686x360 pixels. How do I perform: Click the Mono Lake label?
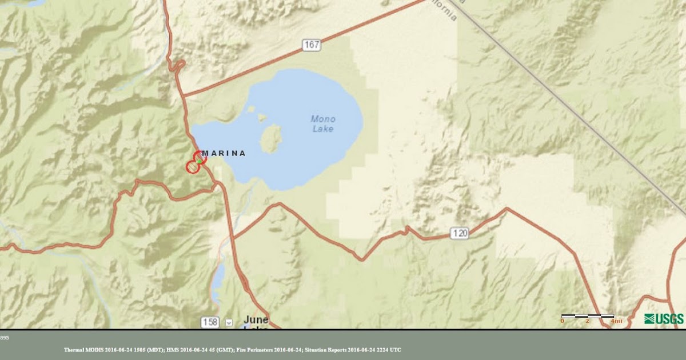click(x=323, y=124)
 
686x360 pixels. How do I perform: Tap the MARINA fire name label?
click(x=224, y=153)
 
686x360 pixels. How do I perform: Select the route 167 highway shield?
click(x=312, y=45)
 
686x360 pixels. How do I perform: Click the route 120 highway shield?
click(x=459, y=233)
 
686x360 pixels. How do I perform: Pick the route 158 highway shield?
click(x=210, y=322)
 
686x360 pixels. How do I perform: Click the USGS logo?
click(x=664, y=319)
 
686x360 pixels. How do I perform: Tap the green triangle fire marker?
click(x=199, y=161)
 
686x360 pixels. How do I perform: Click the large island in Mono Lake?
click(x=271, y=139)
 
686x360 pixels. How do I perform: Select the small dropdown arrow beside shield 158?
click(x=229, y=322)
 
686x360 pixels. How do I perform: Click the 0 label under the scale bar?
click(x=562, y=321)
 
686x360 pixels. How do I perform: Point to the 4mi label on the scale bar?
click(x=616, y=321)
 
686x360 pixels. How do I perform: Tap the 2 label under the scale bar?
click(x=588, y=321)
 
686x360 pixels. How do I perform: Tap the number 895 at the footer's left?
click(x=5, y=338)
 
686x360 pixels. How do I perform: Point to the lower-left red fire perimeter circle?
click(x=193, y=167)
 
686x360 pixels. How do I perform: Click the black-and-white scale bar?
click(x=588, y=315)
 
